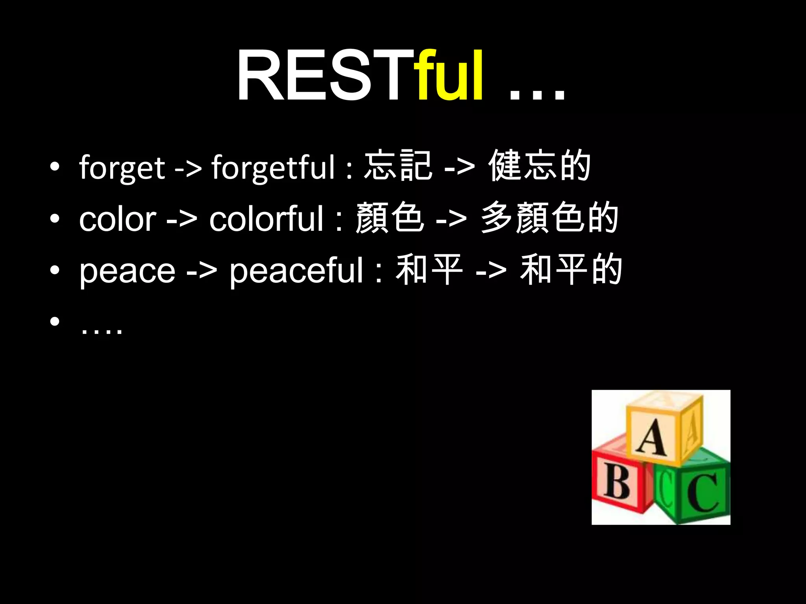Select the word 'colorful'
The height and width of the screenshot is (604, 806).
point(266,219)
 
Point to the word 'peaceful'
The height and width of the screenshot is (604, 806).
point(296,271)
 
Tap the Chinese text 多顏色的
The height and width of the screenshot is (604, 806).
point(549,217)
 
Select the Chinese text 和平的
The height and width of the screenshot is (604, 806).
point(571,269)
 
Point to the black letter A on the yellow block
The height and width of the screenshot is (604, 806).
point(652,437)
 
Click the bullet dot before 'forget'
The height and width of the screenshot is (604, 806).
point(55,167)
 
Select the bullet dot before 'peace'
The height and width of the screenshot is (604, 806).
point(55,270)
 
